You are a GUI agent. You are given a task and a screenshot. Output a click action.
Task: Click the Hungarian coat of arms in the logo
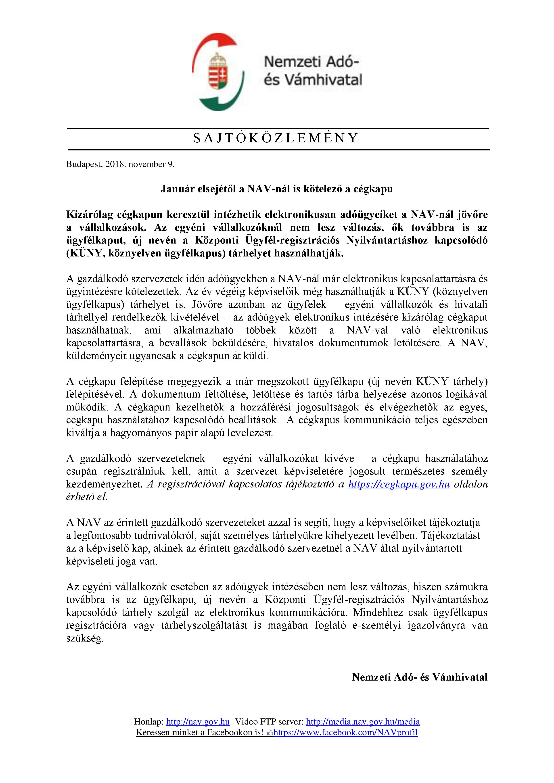click(x=218, y=72)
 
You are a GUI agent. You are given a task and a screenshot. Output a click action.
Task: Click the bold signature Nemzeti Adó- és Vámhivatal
click(x=420, y=677)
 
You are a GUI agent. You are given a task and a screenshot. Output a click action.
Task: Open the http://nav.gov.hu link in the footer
click(x=198, y=722)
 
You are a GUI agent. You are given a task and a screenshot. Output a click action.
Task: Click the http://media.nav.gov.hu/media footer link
click(x=363, y=722)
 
